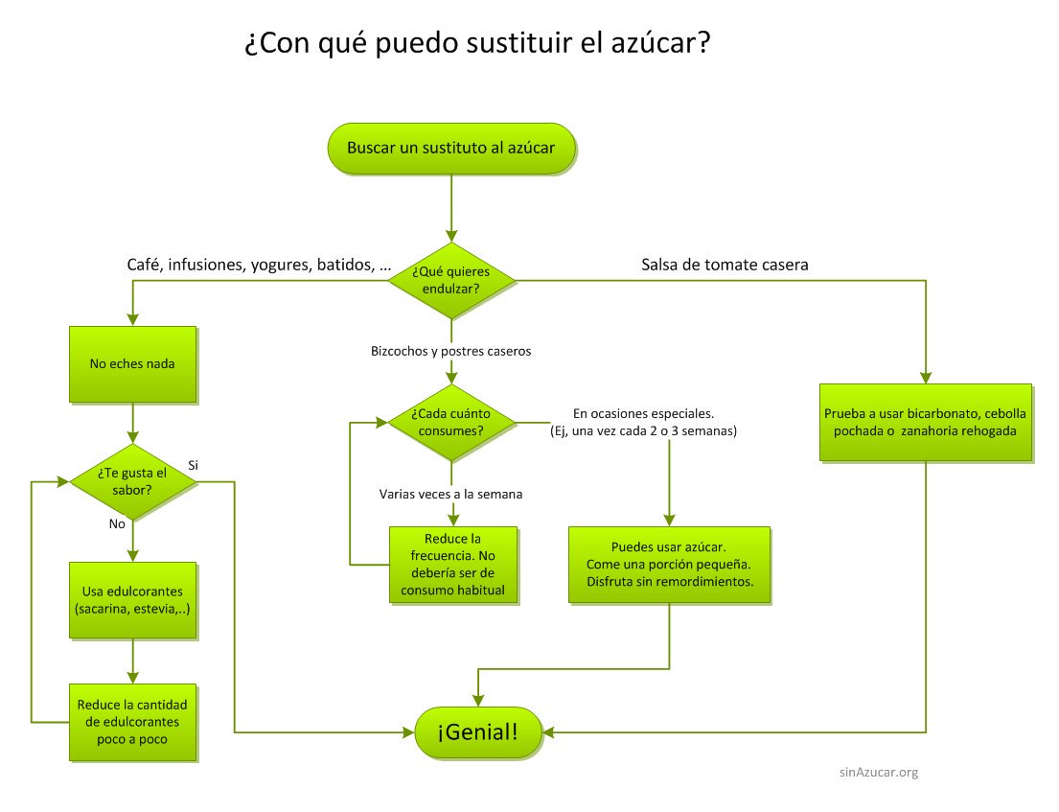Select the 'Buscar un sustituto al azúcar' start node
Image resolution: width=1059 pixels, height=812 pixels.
[449, 149]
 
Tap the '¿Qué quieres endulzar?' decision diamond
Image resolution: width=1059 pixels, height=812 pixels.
[449, 280]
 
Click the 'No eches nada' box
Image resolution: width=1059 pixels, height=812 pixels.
[132, 364]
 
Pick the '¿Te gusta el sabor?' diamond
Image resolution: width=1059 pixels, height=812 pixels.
[132, 482]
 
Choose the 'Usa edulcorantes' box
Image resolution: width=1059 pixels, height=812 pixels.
[132, 600]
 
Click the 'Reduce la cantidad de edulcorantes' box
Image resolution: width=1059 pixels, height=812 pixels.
[132, 721]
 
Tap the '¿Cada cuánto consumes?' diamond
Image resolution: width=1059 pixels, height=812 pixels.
[449, 423]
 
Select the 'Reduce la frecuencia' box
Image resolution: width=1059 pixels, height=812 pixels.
[453, 565]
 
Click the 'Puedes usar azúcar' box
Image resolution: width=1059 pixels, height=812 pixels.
[668, 565]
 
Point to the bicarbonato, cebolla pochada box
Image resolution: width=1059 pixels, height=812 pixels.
[926, 423]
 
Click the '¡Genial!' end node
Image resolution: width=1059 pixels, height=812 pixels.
[478, 733]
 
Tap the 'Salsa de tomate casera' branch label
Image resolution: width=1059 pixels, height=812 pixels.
[725, 265]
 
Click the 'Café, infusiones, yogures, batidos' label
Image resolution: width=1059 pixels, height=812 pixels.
[259, 265]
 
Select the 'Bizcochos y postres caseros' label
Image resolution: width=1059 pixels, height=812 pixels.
[450, 351]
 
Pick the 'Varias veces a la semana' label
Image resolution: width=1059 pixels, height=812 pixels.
[450, 494]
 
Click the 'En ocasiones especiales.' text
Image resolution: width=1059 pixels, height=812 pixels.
[643, 414]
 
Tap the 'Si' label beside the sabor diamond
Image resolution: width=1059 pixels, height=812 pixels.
[193, 465]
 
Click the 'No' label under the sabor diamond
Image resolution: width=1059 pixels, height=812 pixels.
[118, 524]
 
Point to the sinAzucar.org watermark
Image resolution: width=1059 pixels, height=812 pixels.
[878, 772]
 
